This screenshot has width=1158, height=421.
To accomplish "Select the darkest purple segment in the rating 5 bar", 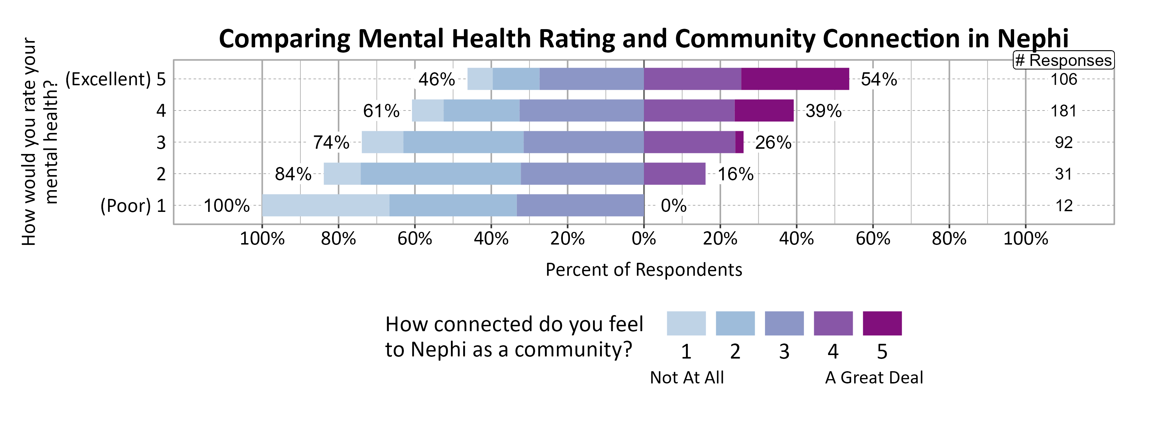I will point(795,79).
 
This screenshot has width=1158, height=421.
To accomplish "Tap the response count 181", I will point(1063,111).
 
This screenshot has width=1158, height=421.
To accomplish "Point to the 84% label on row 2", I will point(293,174).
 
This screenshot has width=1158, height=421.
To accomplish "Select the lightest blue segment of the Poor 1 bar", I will point(325,205).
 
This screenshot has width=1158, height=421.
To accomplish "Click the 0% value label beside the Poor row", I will point(673,206).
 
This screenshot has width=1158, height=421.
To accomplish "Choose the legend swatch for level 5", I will point(882,323).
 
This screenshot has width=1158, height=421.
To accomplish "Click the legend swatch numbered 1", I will point(686,323).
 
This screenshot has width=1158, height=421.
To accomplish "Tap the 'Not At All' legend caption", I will point(686,377).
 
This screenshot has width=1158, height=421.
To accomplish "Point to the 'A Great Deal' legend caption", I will point(873,377).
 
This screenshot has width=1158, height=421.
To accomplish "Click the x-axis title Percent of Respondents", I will point(643,269).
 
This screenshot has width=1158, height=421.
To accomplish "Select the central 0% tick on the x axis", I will point(643,239).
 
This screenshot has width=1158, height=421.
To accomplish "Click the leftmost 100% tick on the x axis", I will point(262,239).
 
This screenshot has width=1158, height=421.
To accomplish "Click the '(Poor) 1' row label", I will point(133,206).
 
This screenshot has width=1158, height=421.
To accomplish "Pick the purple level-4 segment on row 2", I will point(674,174).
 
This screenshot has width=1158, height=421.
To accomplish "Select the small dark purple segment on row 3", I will point(739,142).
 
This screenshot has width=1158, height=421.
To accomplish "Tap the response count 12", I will point(1064,206).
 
